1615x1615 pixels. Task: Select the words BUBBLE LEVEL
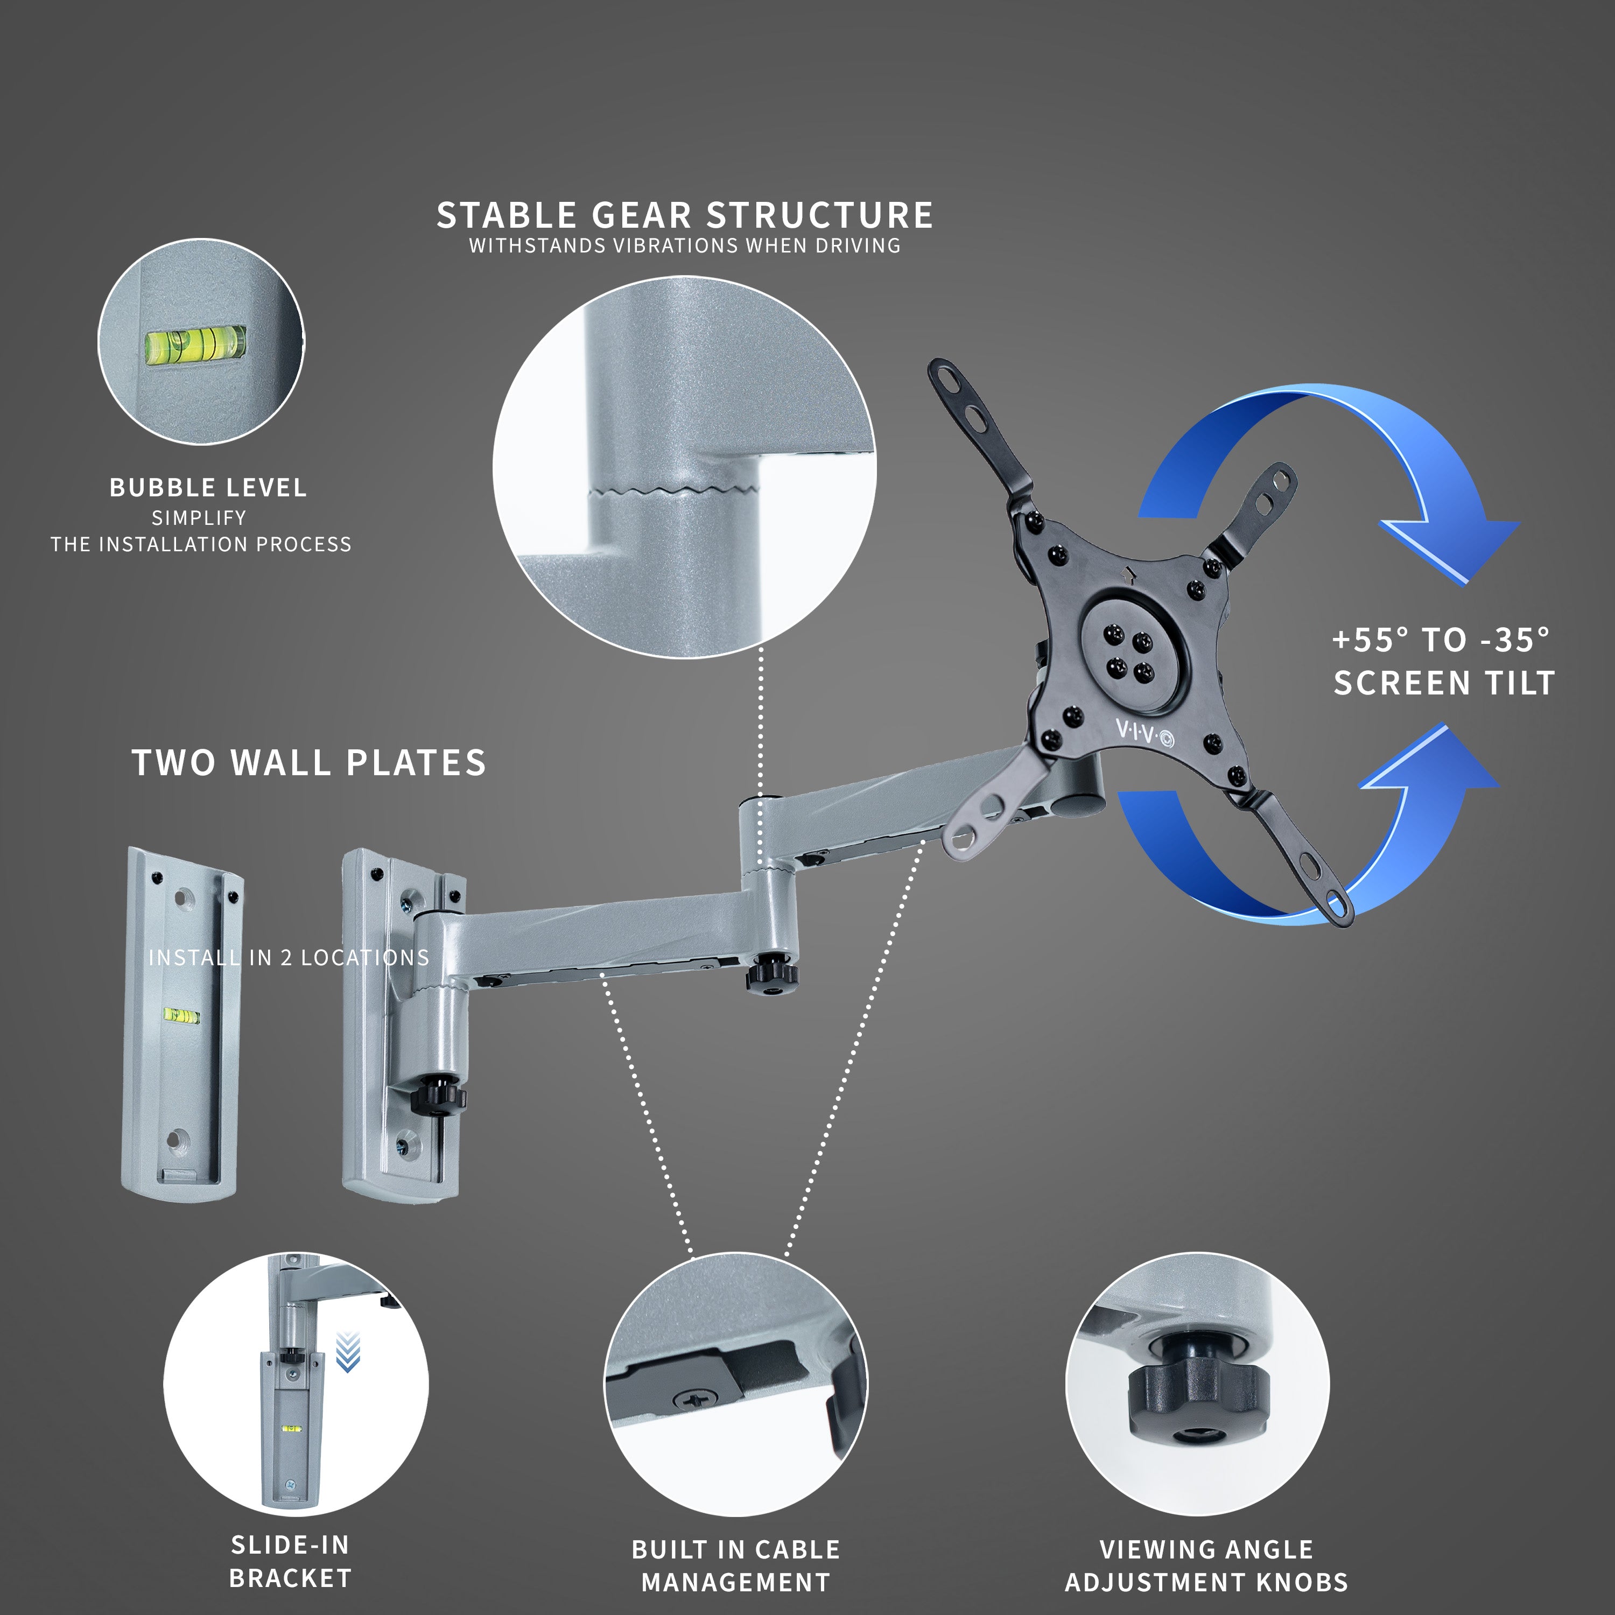pos(208,487)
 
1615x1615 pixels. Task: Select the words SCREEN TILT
pos(1444,683)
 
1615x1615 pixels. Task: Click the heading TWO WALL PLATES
pos(308,762)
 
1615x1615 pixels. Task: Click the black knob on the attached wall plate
pos(437,1095)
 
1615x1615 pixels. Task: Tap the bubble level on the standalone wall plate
pos(180,1016)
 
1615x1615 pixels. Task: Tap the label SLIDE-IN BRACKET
pos(290,1562)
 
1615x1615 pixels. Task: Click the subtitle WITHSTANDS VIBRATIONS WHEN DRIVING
pos(685,246)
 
